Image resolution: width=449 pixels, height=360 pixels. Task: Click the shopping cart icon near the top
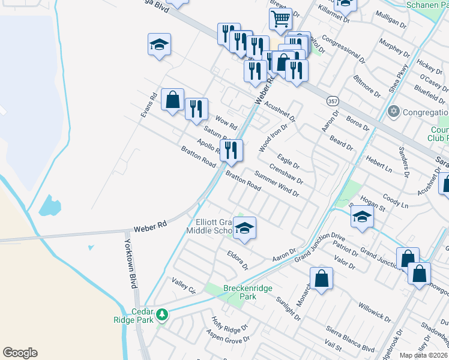click(x=280, y=20)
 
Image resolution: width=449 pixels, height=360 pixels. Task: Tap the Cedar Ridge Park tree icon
click(x=161, y=314)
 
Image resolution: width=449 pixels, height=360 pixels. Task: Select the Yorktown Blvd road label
click(x=128, y=264)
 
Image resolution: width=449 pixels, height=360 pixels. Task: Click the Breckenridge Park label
click(x=248, y=292)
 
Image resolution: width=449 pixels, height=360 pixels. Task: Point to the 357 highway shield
click(x=333, y=101)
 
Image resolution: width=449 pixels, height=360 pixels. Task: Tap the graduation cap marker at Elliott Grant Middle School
click(x=244, y=228)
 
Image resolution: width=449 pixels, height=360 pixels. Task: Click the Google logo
click(x=20, y=353)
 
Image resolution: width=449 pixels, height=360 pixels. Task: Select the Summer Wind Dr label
click(x=276, y=185)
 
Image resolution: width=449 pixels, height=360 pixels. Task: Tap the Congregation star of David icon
click(x=394, y=112)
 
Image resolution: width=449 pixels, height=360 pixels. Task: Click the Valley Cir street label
click(x=184, y=286)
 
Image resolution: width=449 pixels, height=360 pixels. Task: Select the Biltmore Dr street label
click(x=367, y=86)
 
